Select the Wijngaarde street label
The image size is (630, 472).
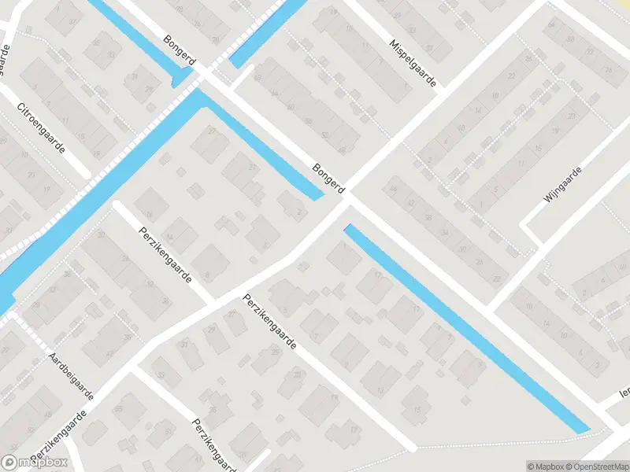coord(561,186)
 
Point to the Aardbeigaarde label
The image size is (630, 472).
coord(71,376)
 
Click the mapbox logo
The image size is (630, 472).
coord(35,463)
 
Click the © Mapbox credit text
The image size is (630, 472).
coord(546,466)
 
